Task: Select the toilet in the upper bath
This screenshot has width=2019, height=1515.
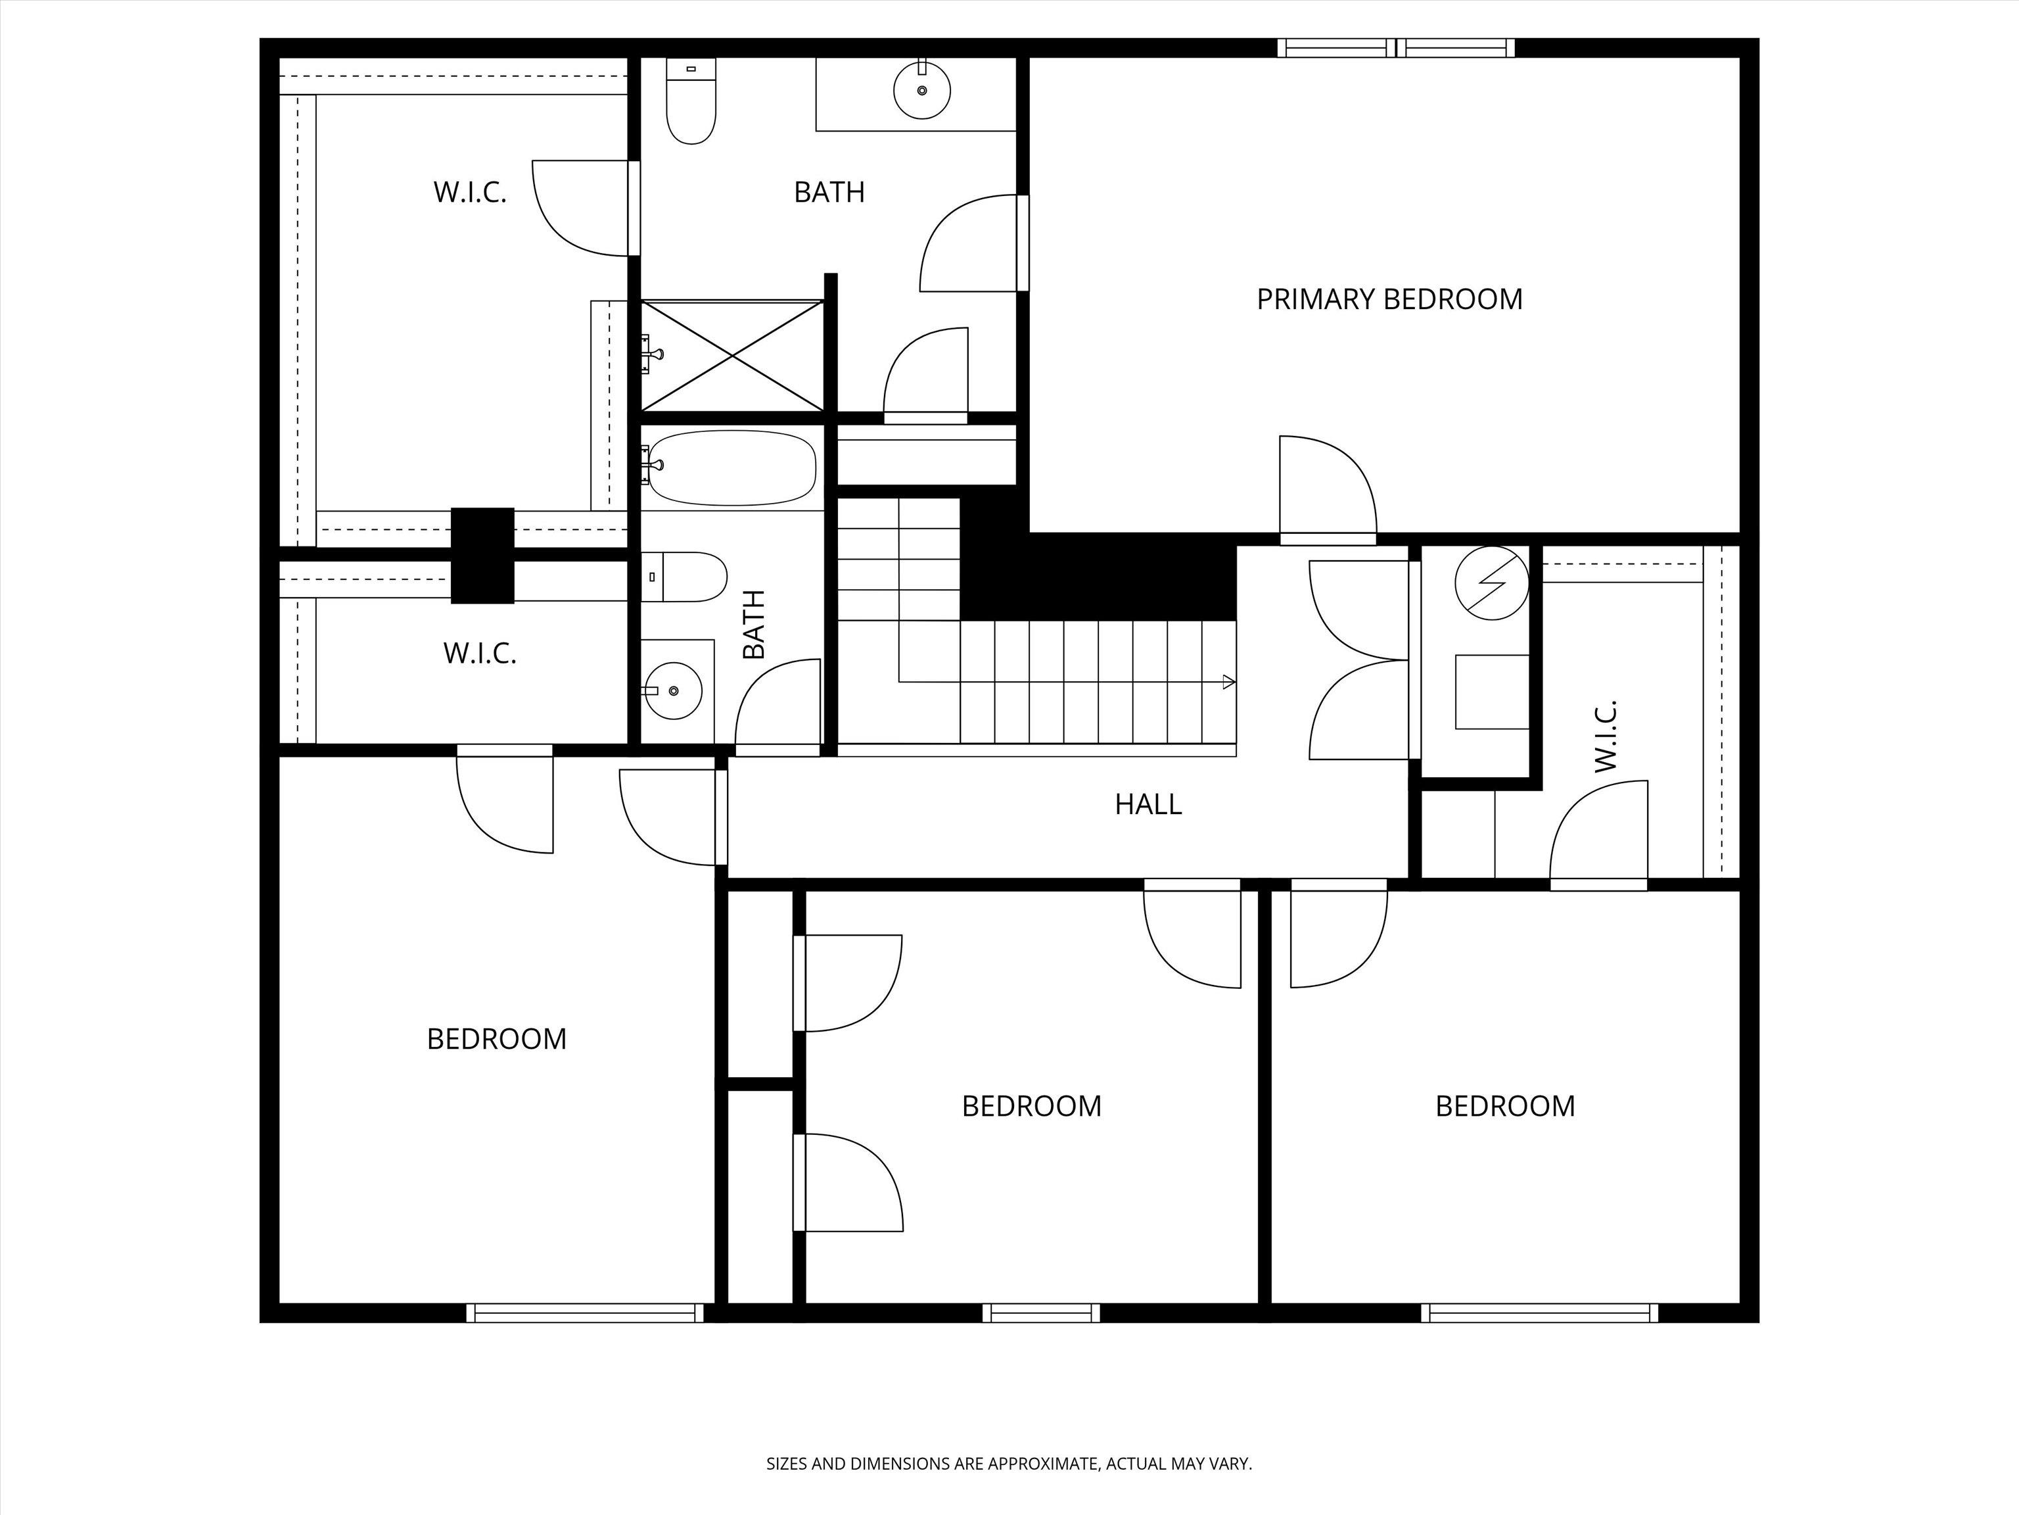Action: click(691, 101)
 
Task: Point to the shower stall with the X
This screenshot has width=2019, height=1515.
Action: click(732, 356)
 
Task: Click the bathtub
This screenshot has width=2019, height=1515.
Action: click(733, 468)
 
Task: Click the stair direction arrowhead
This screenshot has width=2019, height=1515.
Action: click(1228, 681)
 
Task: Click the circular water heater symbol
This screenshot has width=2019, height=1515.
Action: click(1491, 583)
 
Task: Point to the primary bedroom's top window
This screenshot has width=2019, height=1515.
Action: click(1395, 47)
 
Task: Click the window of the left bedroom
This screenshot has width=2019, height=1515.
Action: click(585, 1313)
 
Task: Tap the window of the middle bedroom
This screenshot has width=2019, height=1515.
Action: click(1040, 1313)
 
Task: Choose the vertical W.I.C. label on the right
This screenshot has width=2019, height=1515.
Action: click(1606, 736)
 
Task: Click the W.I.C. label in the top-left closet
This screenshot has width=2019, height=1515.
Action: click(469, 193)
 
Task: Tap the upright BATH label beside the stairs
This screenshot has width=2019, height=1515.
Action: click(754, 625)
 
